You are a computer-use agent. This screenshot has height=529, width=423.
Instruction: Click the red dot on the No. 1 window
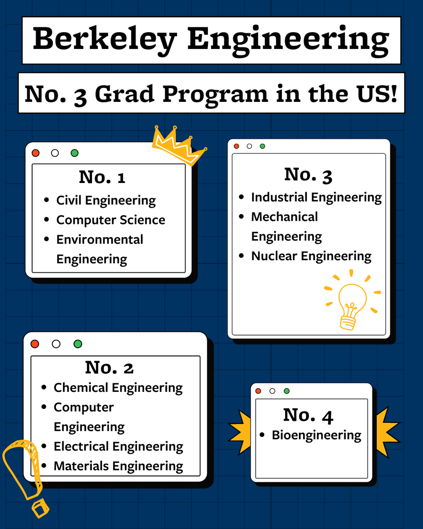pyautogui.click(x=36, y=153)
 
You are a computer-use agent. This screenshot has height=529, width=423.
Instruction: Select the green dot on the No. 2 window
pyautogui.click(x=78, y=344)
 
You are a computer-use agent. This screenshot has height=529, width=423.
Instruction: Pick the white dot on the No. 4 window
pyautogui.click(x=272, y=391)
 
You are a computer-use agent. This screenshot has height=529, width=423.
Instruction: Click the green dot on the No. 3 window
pyautogui.click(x=263, y=146)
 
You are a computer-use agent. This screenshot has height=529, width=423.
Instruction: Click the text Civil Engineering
pyautogui.click(x=106, y=201)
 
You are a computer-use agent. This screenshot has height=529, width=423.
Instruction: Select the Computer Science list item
pyautogui.click(x=111, y=220)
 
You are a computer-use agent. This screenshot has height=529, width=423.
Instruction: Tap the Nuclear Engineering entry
pyautogui.click(x=311, y=256)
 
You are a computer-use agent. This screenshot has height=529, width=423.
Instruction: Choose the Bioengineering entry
pyautogui.click(x=316, y=435)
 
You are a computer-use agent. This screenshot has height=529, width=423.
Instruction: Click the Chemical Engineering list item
pyautogui.click(x=118, y=388)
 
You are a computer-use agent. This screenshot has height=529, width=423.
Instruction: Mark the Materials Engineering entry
pyautogui.click(x=118, y=466)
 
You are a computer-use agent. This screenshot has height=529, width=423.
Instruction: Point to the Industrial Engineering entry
pyautogui.click(x=316, y=197)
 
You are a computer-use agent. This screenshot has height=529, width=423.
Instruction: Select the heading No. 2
pyautogui.click(x=109, y=368)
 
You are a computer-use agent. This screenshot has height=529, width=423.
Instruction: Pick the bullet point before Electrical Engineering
pyautogui.click(x=44, y=446)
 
